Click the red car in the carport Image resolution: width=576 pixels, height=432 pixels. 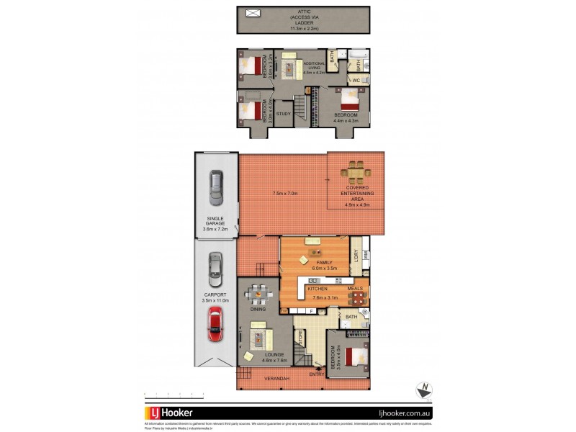pos(215,324)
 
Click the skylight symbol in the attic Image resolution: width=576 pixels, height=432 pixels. pos(253,13)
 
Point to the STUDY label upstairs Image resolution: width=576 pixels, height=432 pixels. pos(284,114)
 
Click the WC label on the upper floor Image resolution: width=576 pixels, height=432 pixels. pos(356,80)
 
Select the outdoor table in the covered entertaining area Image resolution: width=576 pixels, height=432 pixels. pos(355,173)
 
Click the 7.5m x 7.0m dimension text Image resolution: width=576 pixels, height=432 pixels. pos(285,193)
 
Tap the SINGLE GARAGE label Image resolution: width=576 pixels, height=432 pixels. pos(215,221)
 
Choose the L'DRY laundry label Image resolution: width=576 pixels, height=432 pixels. pos(356,256)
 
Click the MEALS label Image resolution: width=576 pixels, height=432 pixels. pos(356,288)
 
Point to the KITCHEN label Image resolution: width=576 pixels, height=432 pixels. pos(318,288)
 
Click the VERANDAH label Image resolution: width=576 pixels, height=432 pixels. pos(277,379)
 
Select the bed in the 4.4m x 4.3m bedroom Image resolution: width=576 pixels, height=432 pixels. pos(349,99)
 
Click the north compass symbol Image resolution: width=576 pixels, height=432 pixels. pos(424,390)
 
